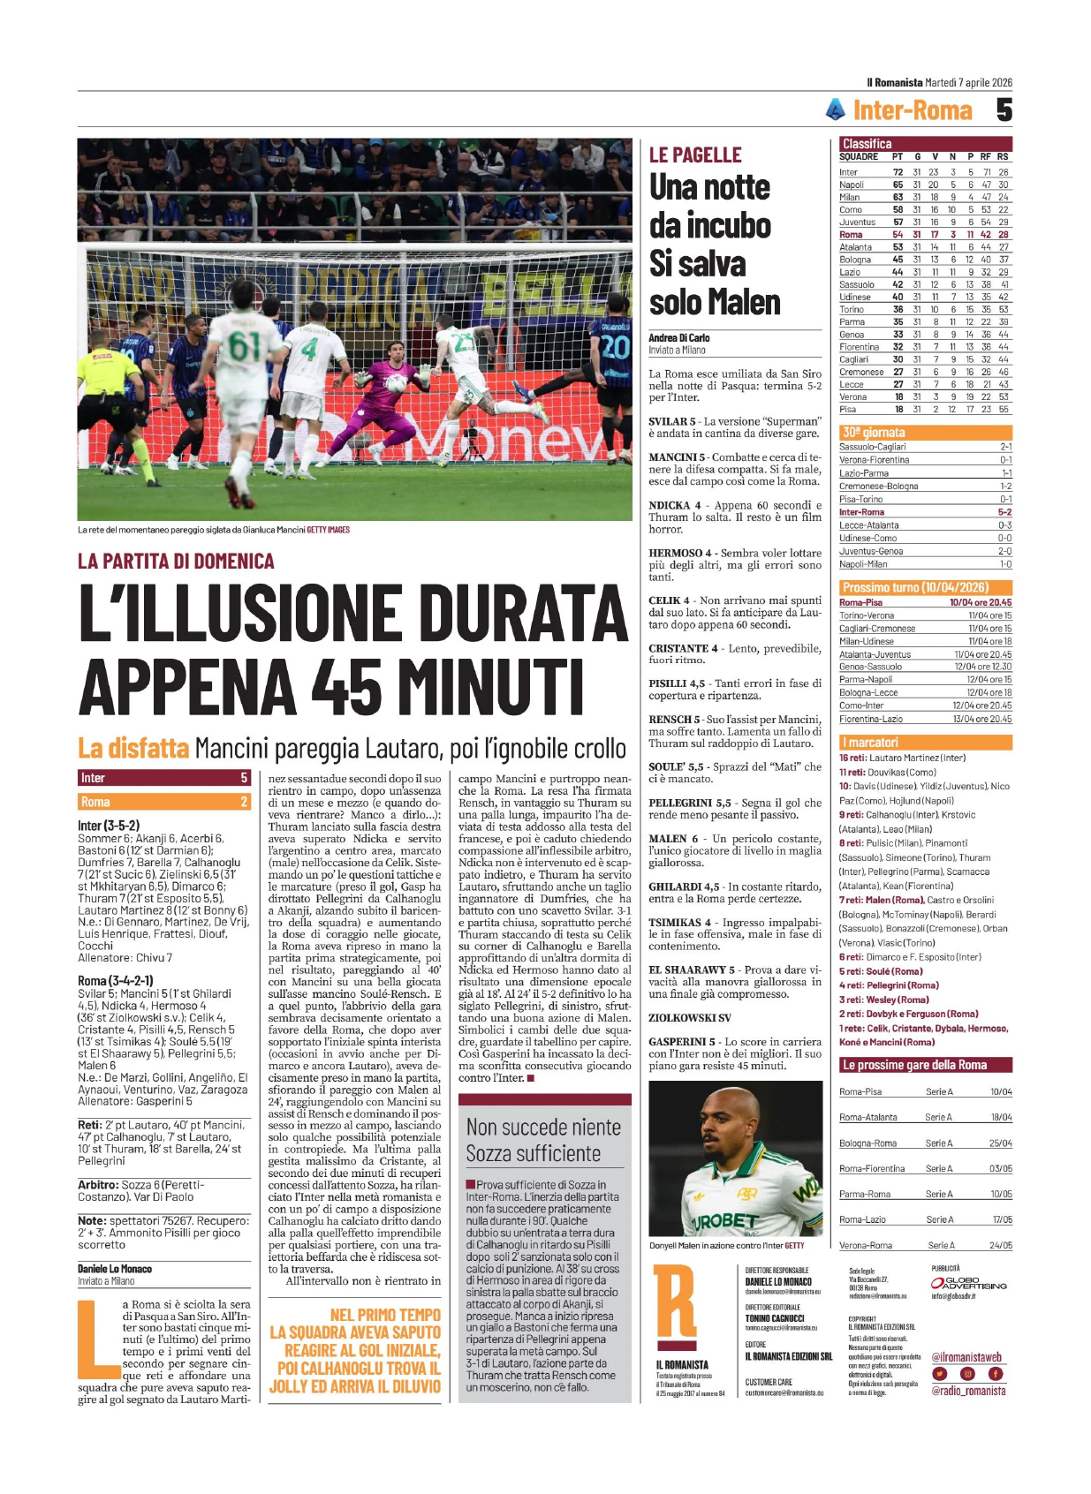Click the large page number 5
[1004, 110]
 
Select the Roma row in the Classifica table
[924, 235]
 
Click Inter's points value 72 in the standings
[898, 172]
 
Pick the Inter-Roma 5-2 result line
[924, 512]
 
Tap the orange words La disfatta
[133, 748]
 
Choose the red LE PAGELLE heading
[695, 155]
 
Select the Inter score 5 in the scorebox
[244, 778]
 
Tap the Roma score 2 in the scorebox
[244, 802]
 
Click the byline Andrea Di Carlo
[679, 338]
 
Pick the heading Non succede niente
[543, 1127]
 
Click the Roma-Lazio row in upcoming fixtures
[924, 1219]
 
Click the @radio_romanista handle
[968, 1391]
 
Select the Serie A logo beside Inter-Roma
[836, 109]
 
